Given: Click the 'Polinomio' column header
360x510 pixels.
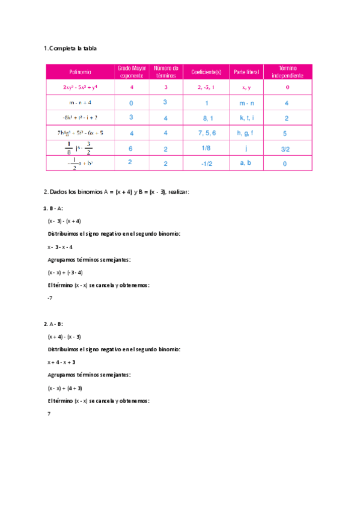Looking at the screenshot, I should pyautogui.click(x=80, y=72).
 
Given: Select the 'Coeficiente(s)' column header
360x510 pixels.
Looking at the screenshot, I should pyautogui.click(x=206, y=72).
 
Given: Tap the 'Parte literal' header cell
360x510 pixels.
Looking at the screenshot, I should pyautogui.click(x=246, y=72).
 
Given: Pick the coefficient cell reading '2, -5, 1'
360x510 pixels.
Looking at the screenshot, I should pyautogui.click(x=206, y=88).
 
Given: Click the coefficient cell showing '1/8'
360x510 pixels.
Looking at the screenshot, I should pyautogui.click(x=206, y=147).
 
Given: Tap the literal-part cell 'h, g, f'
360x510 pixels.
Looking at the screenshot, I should pyautogui.click(x=246, y=133).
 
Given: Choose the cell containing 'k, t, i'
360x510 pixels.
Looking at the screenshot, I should pyautogui.click(x=246, y=118).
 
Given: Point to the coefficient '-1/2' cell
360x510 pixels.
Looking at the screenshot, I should pyautogui.click(x=206, y=163).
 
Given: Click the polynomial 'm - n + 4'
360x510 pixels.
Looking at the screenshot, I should pyautogui.click(x=80, y=103).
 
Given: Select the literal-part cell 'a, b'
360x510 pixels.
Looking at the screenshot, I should pyautogui.click(x=246, y=162).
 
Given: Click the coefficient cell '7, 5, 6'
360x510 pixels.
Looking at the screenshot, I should pyautogui.click(x=206, y=133).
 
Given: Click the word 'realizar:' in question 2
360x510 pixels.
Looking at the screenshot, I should pyautogui.click(x=179, y=192).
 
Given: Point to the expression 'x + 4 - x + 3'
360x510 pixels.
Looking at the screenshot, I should pyautogui.click(x=61, y=362).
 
